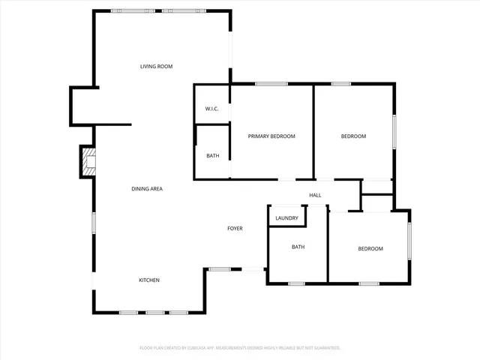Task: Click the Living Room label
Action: pyautogui.click(x=156, y=67)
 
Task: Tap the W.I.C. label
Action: pyautogui.click(x=211, y=109)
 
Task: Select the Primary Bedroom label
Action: pyautogui.click(x=271, y=136)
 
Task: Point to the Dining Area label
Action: pyautogui.click(x=147, y=188)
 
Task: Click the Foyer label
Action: pyautogui.click(x=235, y=228)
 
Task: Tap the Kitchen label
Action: pyautogui.click(x=148, y=280)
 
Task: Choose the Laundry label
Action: pyautogui.click(x=287, y=218)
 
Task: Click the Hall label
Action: pyautogui.click(x=315, y=196)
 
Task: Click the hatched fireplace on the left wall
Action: pyautogui.click(x=89, y=163)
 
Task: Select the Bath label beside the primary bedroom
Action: pyautogui.click(x=213, y=156)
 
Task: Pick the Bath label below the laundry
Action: pyautogui.click(x=298, y=247)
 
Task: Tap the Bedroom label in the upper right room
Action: pyautogui.click(x=353, y=136)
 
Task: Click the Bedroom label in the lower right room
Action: pyautogui.click(x=370, y=249)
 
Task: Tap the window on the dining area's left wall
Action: pyautogui.click(x=94, y=223)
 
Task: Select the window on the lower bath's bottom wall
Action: pyautogui.click(x=295, y=283)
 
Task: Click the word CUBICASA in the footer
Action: pyautogui.click(x=192, y=348)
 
